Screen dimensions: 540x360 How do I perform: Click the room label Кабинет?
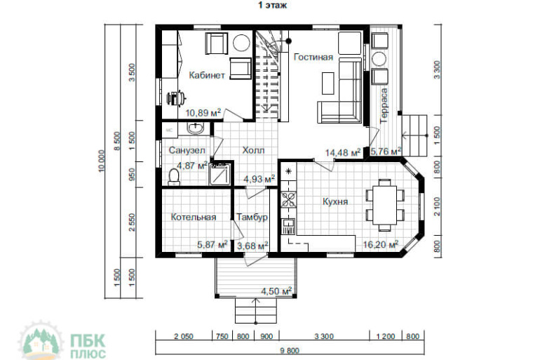click(x=207, y=75)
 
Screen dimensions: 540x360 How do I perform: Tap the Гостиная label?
click(x=313, y=57)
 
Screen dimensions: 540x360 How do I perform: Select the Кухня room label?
click(x=335, y=201)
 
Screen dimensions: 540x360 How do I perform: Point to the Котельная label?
click(x=194, y=217)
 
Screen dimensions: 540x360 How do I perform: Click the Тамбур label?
click(x=252, y=217)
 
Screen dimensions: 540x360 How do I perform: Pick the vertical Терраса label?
click(x=384, y=106)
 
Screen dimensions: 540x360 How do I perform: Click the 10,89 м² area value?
click(x=203, y=113)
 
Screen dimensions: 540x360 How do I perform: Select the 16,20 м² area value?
click(x=381, y=245)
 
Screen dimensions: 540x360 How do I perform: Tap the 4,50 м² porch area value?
click(x=276, y=291)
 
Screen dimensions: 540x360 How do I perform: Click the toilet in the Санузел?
click(x=174, y=178)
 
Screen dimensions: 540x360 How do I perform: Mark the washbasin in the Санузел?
click(x=196, y=128)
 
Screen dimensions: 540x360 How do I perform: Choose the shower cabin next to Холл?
click(x=220, y=174)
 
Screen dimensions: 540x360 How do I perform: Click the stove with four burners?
click(x=288, y=199)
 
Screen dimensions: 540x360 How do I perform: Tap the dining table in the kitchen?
click(x=384, y=205)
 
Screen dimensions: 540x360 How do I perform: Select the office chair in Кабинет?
click(x=176, y=98)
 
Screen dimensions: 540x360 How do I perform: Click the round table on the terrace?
click(x=379, y=59)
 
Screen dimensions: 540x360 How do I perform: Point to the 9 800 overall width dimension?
click(x=290, y=351)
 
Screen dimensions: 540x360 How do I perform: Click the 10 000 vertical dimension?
click(x=101, y=161)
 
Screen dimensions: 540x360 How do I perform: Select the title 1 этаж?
click(x=272, y=6)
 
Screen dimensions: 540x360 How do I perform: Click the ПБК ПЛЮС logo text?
click(x=88, y=346)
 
